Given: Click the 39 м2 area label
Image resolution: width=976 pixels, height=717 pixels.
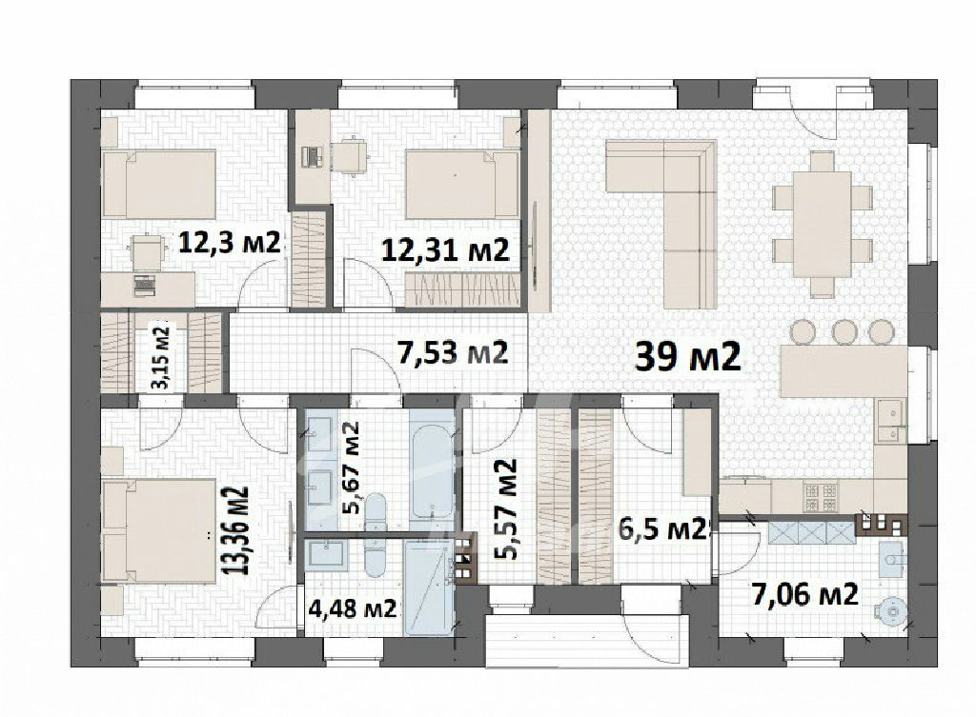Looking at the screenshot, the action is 688,356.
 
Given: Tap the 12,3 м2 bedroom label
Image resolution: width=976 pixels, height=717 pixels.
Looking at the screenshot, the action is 230,242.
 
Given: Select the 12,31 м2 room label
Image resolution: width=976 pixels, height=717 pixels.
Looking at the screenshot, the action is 445,250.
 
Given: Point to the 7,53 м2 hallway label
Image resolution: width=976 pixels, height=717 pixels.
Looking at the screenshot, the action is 453,352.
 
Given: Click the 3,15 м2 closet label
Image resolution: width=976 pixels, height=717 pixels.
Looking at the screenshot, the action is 161,358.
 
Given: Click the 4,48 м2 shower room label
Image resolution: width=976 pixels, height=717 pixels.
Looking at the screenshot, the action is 353,607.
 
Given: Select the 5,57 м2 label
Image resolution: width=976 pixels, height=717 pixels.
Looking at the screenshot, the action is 505,510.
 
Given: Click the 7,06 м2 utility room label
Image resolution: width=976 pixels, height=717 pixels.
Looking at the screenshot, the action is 805,594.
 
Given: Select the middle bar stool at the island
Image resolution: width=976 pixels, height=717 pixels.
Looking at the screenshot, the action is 844,330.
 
